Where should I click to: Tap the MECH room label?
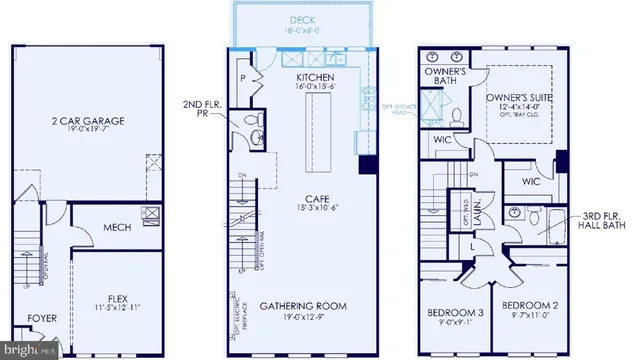117,227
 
